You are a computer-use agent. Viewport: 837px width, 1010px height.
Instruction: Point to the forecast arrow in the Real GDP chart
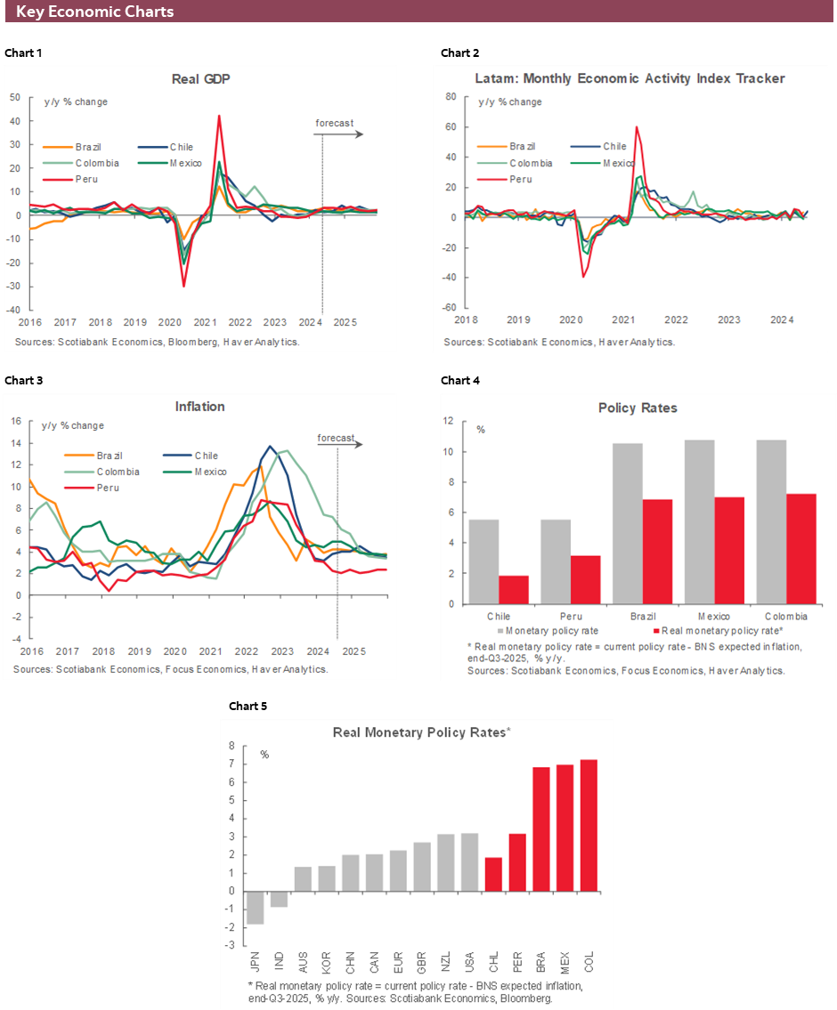[338, 134]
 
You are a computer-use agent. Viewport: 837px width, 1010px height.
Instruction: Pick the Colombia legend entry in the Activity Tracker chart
[531, 163]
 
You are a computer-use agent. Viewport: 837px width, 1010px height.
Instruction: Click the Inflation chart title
[199, 407]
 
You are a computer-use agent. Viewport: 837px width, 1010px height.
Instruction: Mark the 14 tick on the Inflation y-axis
[14, 442]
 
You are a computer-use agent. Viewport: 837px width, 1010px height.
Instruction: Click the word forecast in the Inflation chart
[336, 438]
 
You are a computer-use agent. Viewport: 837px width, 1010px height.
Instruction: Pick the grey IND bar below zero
[279, 899]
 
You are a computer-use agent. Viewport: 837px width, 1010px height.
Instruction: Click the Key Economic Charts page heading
[94, 12]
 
